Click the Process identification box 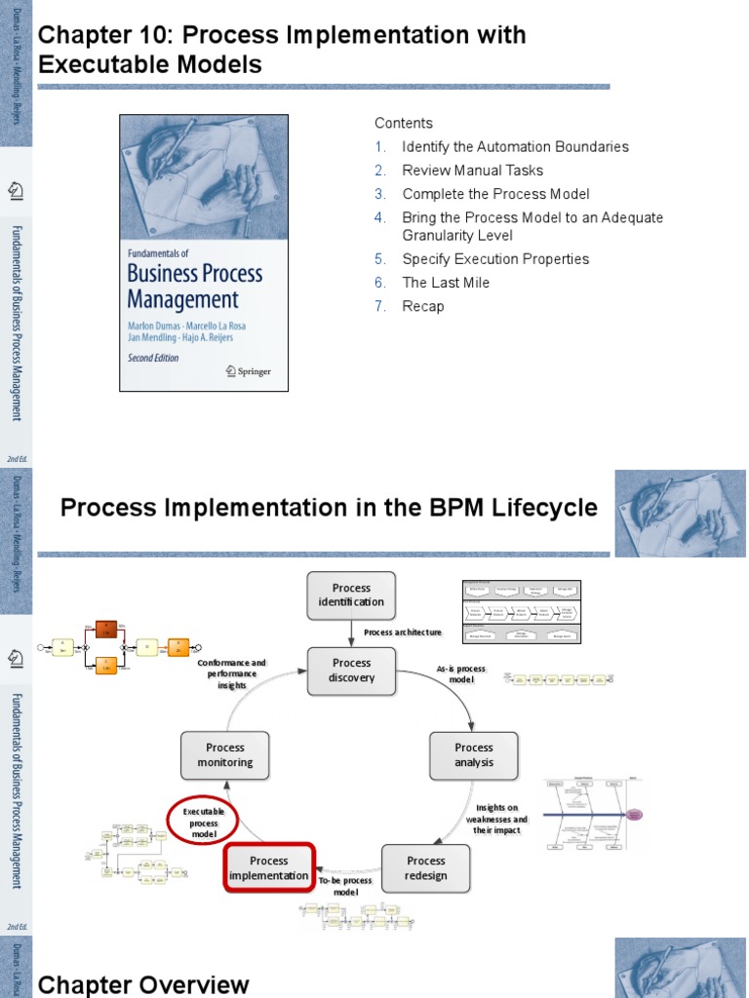pos(351,595)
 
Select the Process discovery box pos(351,670)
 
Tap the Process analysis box pos(474,755)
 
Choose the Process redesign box pos(425,867)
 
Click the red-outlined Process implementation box pos(268,867)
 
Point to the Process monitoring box pos(225,755)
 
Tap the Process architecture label pos(403,633)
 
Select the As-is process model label pos(461,673)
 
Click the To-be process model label pos(346,886)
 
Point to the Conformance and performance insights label pos(231,673)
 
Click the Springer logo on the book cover pos(248,370)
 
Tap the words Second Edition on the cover pos(153,358)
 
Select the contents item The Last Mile pos(446,283)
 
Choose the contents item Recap pos(423,306)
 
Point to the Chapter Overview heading pos(143,984)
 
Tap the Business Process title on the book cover pos(195,273)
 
